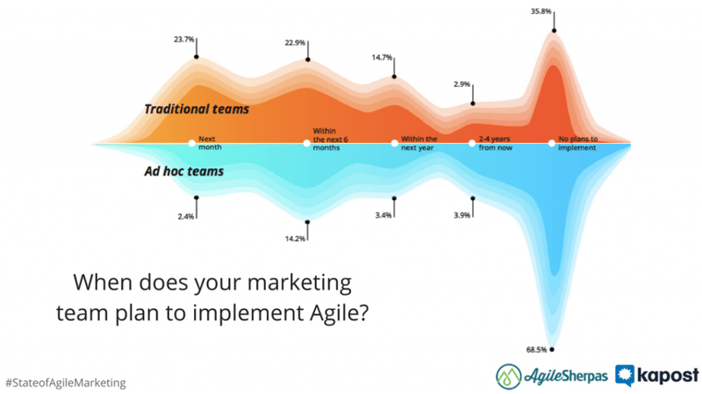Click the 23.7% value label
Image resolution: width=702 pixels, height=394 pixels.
(x=184, y=39)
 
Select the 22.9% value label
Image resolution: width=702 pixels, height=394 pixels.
(x=295, y=43)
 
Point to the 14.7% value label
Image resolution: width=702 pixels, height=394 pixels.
(x=382, y=58)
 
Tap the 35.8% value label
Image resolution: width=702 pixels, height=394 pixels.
(x=541, y=11)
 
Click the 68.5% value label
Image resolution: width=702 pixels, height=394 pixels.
(x=536, y=349)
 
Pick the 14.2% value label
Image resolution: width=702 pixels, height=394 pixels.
(x=295, y=239)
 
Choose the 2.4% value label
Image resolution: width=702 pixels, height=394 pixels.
(x=186, y=217)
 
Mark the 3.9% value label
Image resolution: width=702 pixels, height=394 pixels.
(x=462, y=215)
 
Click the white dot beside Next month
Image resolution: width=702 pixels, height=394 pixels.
(x=191, y=143)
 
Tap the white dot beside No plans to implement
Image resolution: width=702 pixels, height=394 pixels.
(x=552, y=143)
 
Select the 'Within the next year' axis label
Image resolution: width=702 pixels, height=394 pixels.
(x=419, y=143)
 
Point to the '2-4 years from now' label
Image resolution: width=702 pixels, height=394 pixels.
(x=495, y=143)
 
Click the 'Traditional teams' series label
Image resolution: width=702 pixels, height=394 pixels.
(x=197, y=109)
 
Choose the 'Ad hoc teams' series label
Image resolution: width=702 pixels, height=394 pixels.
(x=184, y=171)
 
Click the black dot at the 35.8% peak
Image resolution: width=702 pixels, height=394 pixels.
(x=555, y=31)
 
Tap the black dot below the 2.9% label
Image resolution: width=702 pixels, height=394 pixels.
(x=473, y=104)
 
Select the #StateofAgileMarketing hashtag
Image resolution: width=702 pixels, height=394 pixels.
(x=66, y=383)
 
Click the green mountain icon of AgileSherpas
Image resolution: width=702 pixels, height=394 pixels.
(x=509, y=376)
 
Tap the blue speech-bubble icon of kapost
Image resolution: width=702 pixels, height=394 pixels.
(x=625, y=376)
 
